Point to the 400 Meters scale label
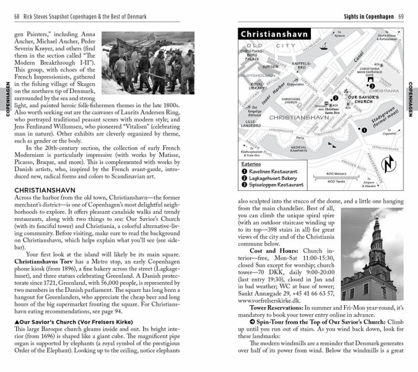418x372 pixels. pos(336,174)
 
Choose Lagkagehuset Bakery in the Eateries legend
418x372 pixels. pos(273,178)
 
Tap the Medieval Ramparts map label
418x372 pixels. pos(303,149)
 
